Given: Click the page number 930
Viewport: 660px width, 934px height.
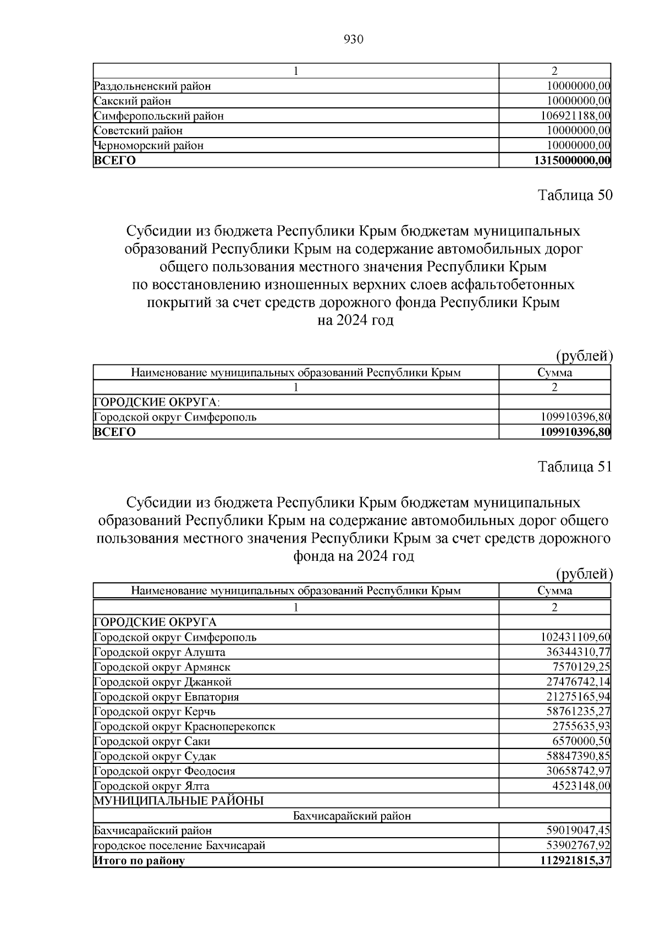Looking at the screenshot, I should (x=353, y=40).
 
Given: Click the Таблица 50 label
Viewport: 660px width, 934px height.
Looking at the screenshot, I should (x=574, y=196).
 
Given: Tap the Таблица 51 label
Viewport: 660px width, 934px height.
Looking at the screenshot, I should (x=574, y=467).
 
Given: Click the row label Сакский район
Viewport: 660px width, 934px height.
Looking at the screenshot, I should (x=133, y=101).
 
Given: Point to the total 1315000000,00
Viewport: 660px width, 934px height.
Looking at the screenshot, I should (x=571, y=161).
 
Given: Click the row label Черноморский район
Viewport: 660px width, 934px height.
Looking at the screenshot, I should (x=149, y=146).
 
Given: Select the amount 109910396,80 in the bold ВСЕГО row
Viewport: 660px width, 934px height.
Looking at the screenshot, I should (x=575, y=432).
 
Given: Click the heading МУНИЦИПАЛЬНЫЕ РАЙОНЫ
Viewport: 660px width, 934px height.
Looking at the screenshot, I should (x=179, y=801).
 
